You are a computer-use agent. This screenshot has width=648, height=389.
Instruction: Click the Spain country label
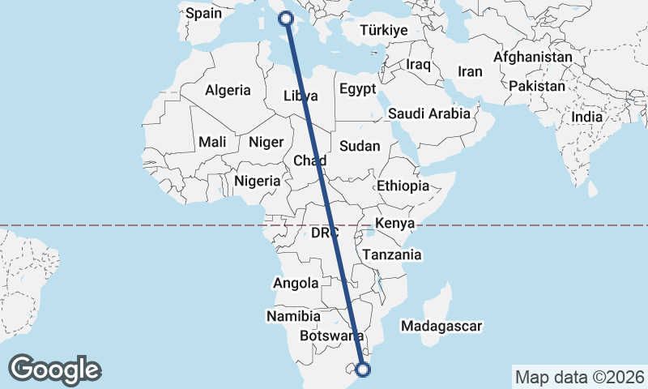[x=203, y=13]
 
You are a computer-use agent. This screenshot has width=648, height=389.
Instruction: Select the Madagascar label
[x=441, y=326]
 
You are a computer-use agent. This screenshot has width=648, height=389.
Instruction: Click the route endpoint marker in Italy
[x=286, y=19]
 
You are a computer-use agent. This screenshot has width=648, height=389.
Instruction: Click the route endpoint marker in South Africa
[x=363, y=370]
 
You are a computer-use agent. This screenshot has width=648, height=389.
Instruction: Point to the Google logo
[x=55, y=369]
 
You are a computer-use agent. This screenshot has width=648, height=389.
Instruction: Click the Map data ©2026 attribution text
[x=578, y=377]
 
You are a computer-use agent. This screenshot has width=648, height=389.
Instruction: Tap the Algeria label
[x=228, y=90]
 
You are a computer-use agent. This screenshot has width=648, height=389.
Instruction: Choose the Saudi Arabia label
[x=428, y=113]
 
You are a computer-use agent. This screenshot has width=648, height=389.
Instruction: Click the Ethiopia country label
[x=403, y=186]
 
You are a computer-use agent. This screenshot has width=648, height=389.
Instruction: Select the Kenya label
[x=395, y=223]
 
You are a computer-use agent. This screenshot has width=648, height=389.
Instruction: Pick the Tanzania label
[x=392, y=254]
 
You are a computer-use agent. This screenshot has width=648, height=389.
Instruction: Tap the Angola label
[x=296, y=283]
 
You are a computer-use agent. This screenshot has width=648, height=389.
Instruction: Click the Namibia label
[x=293, y=315]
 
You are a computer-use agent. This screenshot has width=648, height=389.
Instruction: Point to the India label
[x=587, y=117]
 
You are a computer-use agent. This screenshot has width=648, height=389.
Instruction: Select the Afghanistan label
[x=532, y=58]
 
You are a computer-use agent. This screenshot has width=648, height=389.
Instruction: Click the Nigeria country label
[x=257, y=181]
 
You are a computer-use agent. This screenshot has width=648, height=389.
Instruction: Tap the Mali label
[x=212, y=142]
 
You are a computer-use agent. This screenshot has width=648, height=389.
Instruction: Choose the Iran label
[x=470, y=71]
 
